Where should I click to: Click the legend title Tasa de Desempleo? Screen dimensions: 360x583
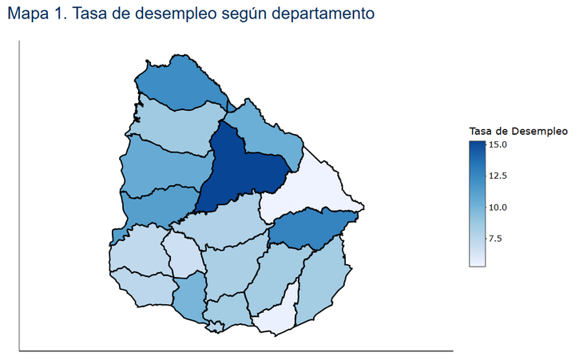(518, 131)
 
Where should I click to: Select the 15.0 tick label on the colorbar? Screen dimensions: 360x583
(498, 144)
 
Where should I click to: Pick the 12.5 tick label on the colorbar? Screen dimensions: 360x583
(498, 176)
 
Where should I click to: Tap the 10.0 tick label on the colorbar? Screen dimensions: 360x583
(498, 207)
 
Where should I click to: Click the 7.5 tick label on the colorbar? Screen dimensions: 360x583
(496, 238)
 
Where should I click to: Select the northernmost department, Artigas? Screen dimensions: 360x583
(180, 84)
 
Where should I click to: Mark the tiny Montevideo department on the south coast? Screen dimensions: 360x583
(214, 326)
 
